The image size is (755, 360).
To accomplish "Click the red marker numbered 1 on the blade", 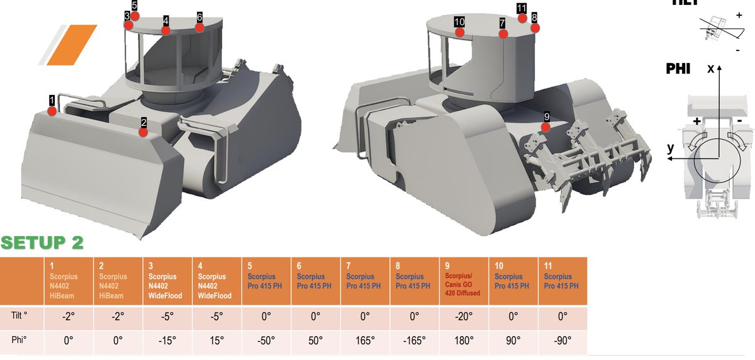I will tap(52, 111).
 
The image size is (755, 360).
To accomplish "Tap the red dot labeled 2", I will tap(143, 132).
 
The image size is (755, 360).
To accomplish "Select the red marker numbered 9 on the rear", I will tap(546, 127).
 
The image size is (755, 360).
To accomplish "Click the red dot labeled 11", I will tap(522, 18).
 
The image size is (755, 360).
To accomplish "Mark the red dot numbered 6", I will tap(199, 27).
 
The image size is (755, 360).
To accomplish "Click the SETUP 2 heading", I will tap(42, 243).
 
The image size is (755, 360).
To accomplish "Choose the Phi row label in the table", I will tap(21, 340).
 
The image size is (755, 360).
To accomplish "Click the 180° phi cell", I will tap(464, 340).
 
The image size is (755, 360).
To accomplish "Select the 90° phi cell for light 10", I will tap(513, 340).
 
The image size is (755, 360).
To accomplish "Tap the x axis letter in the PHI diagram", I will tap(710, 69).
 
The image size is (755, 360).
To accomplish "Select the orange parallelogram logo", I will tap(69, 45).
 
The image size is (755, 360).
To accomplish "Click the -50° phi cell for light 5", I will tap(266, 340).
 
